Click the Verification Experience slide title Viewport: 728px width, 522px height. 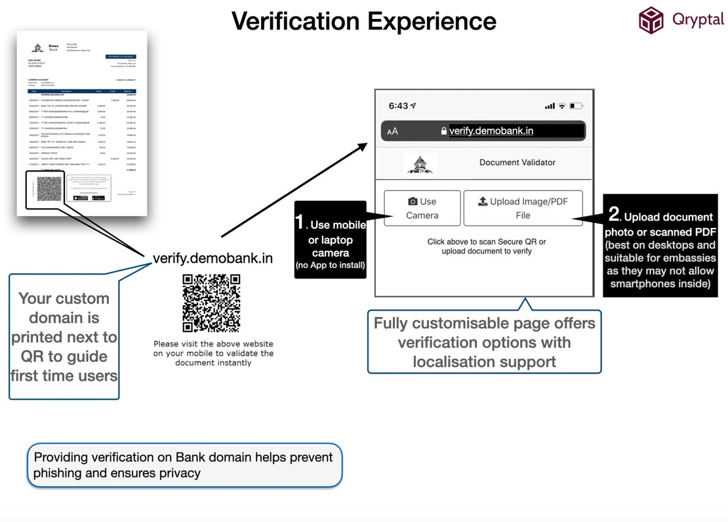[x=364, y=22]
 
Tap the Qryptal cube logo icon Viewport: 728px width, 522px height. [x=651, y=20]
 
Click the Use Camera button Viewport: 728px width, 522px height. [x=422, y=208]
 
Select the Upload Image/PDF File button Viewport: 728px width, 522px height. [x=523, y=208]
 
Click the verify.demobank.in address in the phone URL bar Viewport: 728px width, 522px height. [x=491, y=131]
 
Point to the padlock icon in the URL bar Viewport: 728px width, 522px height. [x=444, y=131]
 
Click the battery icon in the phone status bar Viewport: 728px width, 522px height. [x=576, y=106]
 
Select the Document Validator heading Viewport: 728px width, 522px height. [x=517, y=162]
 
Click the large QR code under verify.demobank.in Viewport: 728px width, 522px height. [x=211, y=303]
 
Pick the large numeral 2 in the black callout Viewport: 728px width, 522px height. [x=614, y=213]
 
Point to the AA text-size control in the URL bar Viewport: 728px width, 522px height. [x=392, y=131]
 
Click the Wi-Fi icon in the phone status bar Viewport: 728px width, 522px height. [x=562, y=106]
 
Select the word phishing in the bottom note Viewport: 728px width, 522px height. [x=58, y=473]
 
